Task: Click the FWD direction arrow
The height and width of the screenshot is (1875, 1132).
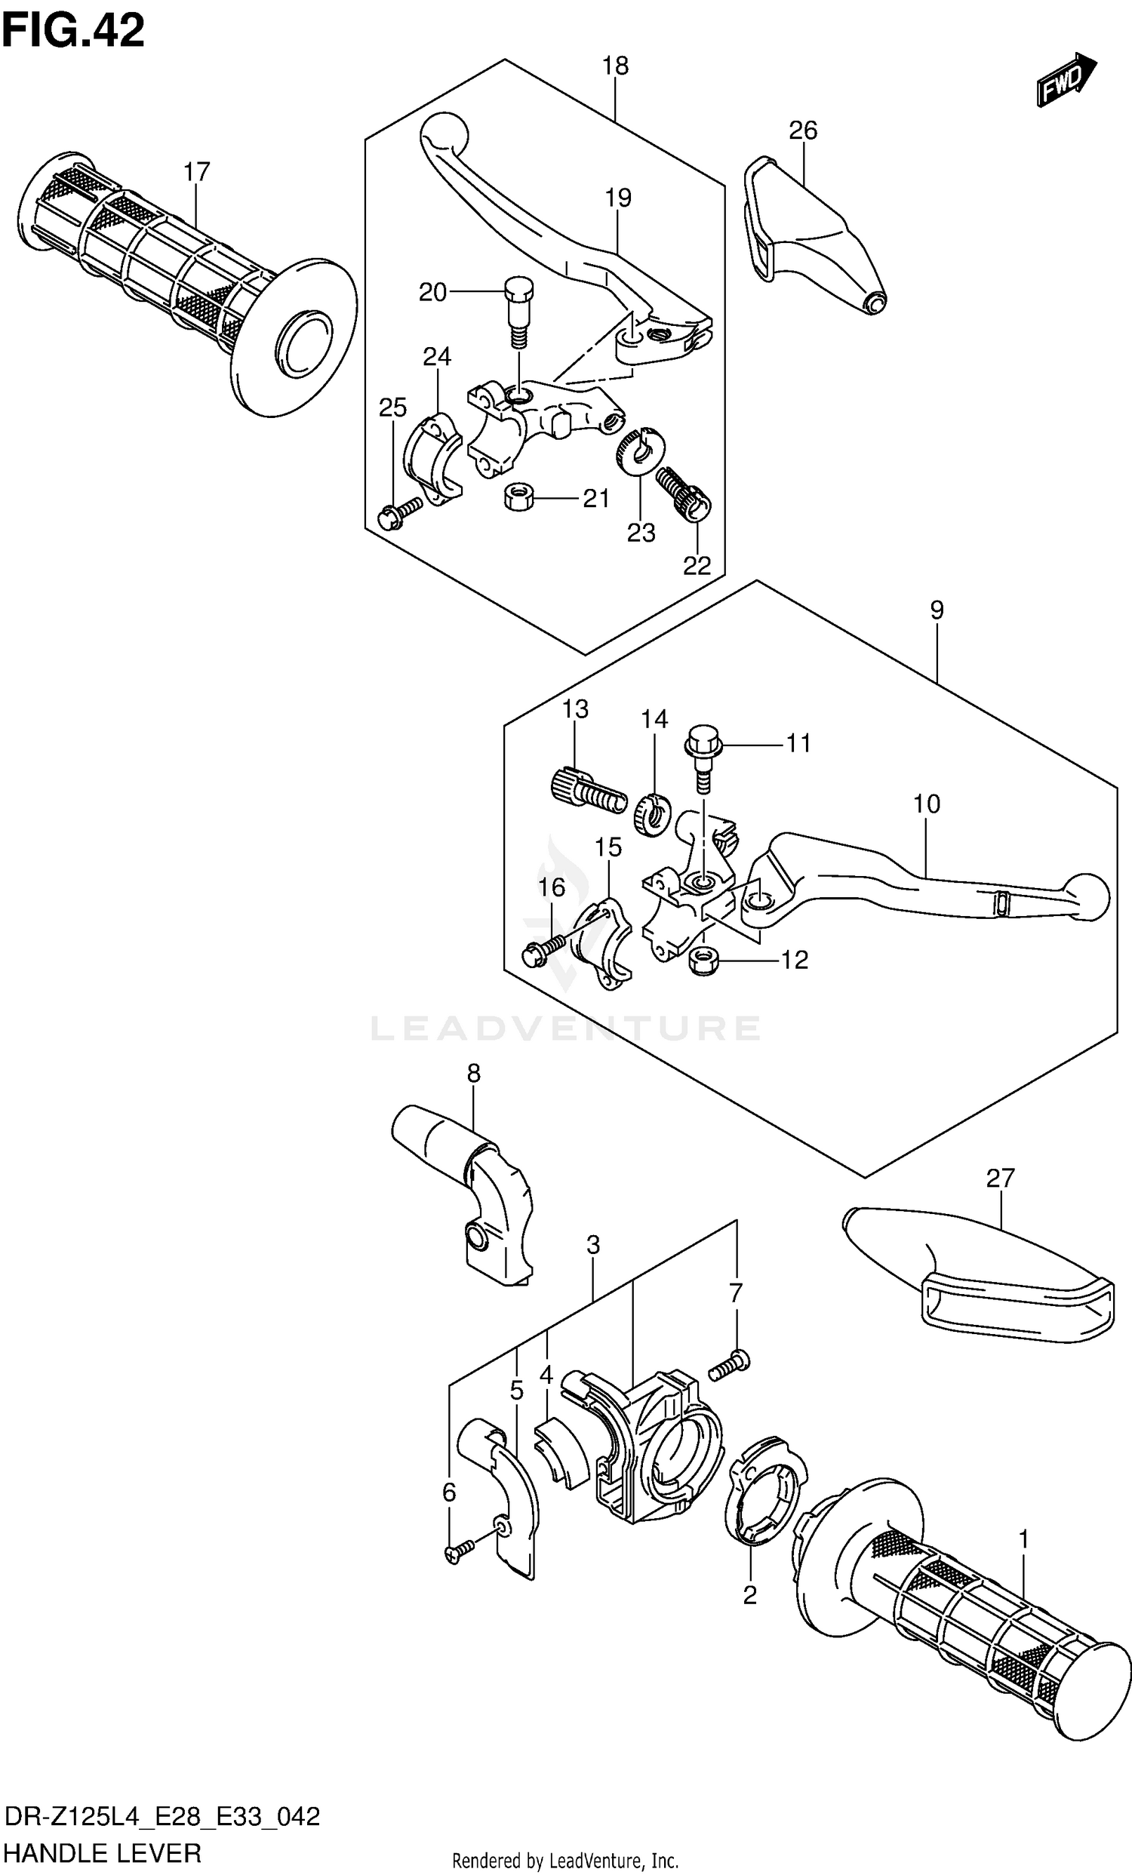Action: pos(1066,79)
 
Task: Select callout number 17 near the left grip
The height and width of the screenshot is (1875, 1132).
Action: pos(196,173)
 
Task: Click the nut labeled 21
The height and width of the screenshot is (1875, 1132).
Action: pos(518,499)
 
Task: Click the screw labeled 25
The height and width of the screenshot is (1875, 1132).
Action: pos(398,513)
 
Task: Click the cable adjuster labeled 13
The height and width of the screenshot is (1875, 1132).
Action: pos(586,794)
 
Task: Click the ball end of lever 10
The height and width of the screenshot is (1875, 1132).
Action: pos(1085,896)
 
